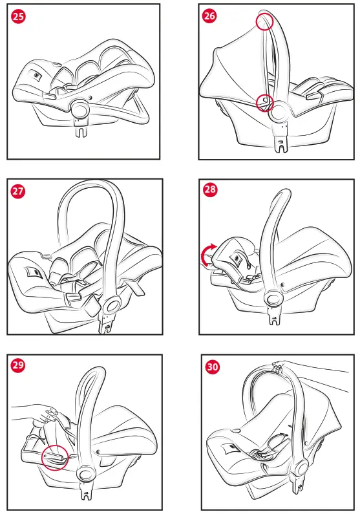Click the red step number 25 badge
(x=18, y=16)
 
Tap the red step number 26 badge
(x=209, y=16)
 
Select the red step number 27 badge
(x=18, y=191)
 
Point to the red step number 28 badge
(x=210, y=189)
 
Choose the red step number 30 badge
(x=212, y=367)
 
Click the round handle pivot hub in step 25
(x=80, y=110)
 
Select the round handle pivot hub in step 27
(x=112, y=306)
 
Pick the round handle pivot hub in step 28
(x=273, y=298)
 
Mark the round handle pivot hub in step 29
(x=85, y=474)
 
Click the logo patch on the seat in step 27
(x=34, y=272)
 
